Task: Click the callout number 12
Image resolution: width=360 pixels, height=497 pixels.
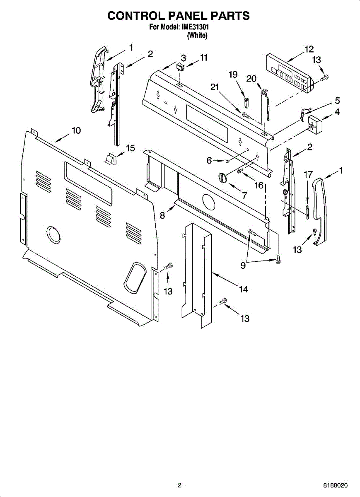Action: click(x=309, y=49)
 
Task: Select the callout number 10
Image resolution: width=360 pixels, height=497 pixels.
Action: click(x=76, y=130)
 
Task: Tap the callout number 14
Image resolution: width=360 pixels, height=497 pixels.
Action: click(x=244, y=290)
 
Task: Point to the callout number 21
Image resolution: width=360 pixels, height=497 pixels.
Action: click(x=214, y=87)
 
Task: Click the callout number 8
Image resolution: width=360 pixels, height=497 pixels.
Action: click(x=162, y=215)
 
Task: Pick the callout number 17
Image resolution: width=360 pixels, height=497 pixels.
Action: click(x=308, y=175)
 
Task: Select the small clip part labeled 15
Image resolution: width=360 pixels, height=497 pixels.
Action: click(x=111, y=158)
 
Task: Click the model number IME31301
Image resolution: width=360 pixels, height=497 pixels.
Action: click(x=194, y=28)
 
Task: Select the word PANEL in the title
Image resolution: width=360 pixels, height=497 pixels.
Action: click(x=179, y=16)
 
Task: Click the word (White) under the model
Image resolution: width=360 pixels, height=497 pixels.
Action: click(x=197, y=36)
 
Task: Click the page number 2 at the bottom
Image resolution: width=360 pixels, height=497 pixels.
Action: click(x=179, y=485)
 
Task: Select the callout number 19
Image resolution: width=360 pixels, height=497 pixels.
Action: click(x=233, y=75)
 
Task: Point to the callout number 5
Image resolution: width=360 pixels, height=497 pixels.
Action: click(x=337, y=100)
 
